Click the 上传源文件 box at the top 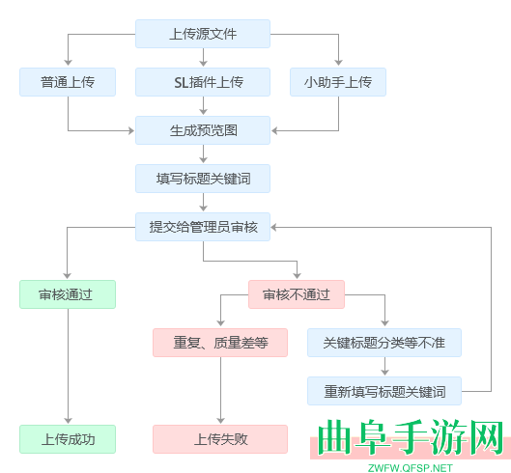pyautogui.click(x=203, y=34)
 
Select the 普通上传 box pyautogui.click(x=68, y=82)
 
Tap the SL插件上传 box pyautogui.click(x=203, y=82)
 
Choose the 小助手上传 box pyautogui.click(x=338, y=82)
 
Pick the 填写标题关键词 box pyautogui.click(x=203, y=179)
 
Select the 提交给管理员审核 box pyautogui.click(x=203, y=227)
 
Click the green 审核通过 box pyautogui.click(x=68, y=294)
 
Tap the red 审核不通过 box pyautogui.click(x=297, y=294)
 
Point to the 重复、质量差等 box pyautogui.click(x=220, y=343)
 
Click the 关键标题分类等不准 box pyautogui.click(x=384, y=343)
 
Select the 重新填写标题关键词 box pyautogui.click(x=384, y=391)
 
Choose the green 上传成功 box pyautogui.click(x=68, y=439)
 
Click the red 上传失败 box pyautogui.click(x=220, y=439)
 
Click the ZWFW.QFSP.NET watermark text pyautogui.click(x=410, y=467)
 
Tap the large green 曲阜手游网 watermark pyautogui.click(x=410, y=439)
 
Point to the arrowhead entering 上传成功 pyautogui.click(x=68, y=421)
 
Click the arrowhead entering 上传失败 pyautogui.click(x=220, y=421)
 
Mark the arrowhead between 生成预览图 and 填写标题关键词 pyautogui.click(x=203, y=160)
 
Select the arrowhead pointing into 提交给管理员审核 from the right pyautogui.click(x=276, y=227)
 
